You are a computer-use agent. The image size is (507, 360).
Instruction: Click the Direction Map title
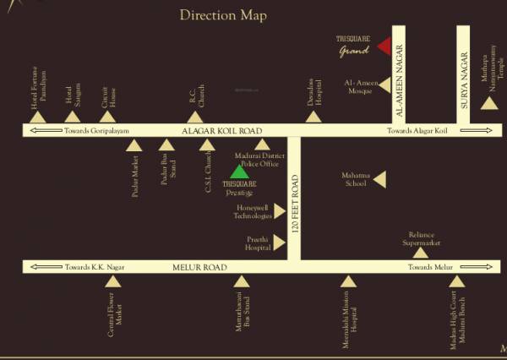pos(223,15)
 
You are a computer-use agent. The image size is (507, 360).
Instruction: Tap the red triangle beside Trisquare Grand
pos(384,46)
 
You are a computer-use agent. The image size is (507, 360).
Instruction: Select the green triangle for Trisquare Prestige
pos(240,172)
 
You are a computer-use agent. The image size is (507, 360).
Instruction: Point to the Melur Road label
pos(200,267)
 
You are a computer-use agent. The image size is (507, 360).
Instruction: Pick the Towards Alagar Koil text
pos(417,131)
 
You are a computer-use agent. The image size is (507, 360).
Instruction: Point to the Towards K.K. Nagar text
pos(95,267)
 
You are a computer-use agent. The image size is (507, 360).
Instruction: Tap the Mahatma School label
pos(356,178)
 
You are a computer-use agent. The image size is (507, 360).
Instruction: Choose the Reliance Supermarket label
pos(421,238)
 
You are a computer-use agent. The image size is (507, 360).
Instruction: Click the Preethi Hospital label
pos(257,243)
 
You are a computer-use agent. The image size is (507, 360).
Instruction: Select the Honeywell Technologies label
pos(253,211)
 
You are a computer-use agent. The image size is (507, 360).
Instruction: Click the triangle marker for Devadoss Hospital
pos(314,117)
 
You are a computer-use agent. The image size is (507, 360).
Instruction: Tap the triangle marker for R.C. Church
pos(195,117)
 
